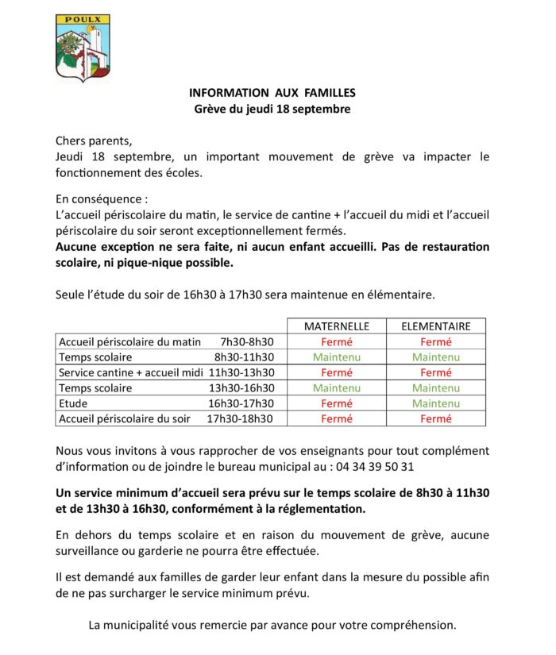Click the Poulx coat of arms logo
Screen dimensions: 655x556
tap(83, 47)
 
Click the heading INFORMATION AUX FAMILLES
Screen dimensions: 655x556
tap(272, 93)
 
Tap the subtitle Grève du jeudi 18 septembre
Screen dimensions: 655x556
tap(272, 109)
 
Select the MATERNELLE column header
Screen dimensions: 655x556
tap(337, 326)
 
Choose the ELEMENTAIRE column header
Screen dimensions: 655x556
tap(436, 326)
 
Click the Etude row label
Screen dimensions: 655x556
tap(73, 403)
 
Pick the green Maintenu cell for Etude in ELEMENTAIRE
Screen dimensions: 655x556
tap(436, 403)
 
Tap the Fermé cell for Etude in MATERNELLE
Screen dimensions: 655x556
tap(337, 403)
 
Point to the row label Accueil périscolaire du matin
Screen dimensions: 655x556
tap(130, 342)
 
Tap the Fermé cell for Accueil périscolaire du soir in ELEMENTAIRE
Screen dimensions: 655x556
tap(436, 419)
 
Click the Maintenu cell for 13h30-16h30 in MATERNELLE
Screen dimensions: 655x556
tap(337, 388)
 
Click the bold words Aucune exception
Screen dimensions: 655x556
tap(100, 247)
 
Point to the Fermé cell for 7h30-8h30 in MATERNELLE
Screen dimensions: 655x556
tap(337, 342)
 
